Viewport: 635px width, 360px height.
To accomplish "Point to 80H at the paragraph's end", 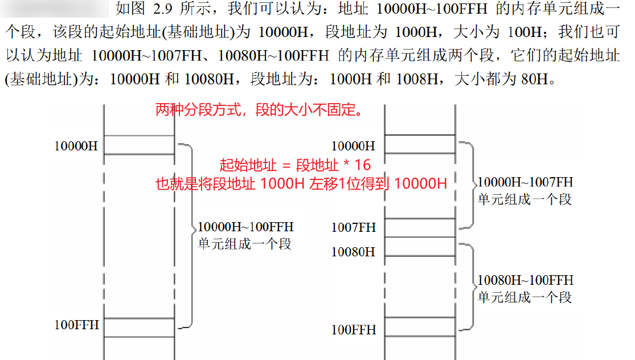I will click(x=533, y=79).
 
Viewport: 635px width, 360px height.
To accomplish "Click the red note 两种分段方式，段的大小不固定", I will click(x=259, y=110).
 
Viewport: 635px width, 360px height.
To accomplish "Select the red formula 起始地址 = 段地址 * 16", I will click(x=295, y=165).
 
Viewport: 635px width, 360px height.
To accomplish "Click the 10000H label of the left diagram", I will click(x=76, y=146).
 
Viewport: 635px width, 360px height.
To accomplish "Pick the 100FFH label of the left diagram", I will click(x=76, y=325).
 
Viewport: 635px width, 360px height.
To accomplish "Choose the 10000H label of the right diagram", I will click(x=353, y=146).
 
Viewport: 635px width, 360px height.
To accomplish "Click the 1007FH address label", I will click(x=353, y=228).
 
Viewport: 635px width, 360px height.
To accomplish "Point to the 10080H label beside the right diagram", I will click(x=353, y=251).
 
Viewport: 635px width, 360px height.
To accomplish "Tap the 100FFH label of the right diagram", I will click(x=353, y=330).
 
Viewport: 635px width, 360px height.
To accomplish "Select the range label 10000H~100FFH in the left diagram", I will click(x=245, y=227).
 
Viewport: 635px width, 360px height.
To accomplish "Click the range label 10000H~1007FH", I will click(x=525, y=182).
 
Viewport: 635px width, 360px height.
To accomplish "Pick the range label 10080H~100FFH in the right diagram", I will click(x=525, y=280).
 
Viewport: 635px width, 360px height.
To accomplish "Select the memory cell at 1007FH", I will click(x=420, y=228).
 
